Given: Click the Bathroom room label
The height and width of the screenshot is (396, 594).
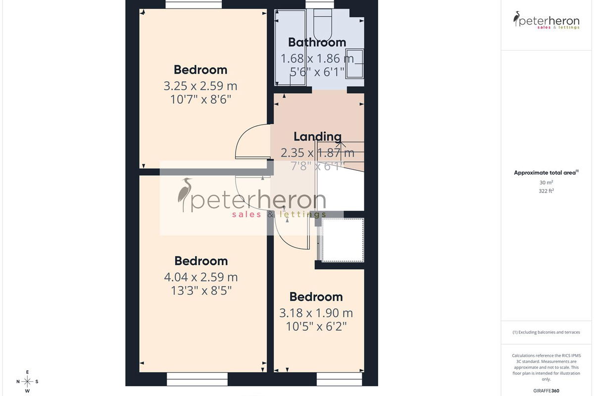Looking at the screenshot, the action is [317, 43].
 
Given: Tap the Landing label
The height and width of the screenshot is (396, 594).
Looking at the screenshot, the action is [317, 137].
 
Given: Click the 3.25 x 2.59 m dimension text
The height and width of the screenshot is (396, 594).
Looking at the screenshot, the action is [200, 86].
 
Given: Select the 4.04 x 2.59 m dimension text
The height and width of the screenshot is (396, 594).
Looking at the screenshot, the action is [201, 277].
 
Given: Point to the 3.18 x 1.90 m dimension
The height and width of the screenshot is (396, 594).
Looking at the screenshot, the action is [316, 313].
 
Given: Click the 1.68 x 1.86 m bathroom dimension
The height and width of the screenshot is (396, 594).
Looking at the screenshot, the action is [317, 58].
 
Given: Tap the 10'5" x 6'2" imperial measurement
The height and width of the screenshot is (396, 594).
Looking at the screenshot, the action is [316, 327].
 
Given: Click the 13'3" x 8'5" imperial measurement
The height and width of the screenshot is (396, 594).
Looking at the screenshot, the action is [201, 291].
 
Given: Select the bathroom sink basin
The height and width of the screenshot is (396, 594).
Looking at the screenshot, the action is [354, 64].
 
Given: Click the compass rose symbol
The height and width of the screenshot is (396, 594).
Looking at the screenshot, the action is [27, 382].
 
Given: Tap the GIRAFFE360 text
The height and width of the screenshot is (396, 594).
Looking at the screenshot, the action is [546, 391].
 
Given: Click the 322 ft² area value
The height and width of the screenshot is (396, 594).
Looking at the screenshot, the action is [546, 191].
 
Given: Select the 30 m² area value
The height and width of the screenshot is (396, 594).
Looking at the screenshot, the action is [546, 183].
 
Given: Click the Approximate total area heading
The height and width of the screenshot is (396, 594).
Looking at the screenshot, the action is [546, 173].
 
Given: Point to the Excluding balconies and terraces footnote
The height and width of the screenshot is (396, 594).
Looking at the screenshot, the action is [546, 332].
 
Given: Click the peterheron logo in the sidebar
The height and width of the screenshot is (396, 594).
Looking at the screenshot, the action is [546, 20].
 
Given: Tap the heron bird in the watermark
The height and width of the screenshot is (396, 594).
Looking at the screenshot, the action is [184, 193].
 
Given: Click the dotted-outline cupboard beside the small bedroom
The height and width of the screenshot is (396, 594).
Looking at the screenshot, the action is [343, 240].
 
